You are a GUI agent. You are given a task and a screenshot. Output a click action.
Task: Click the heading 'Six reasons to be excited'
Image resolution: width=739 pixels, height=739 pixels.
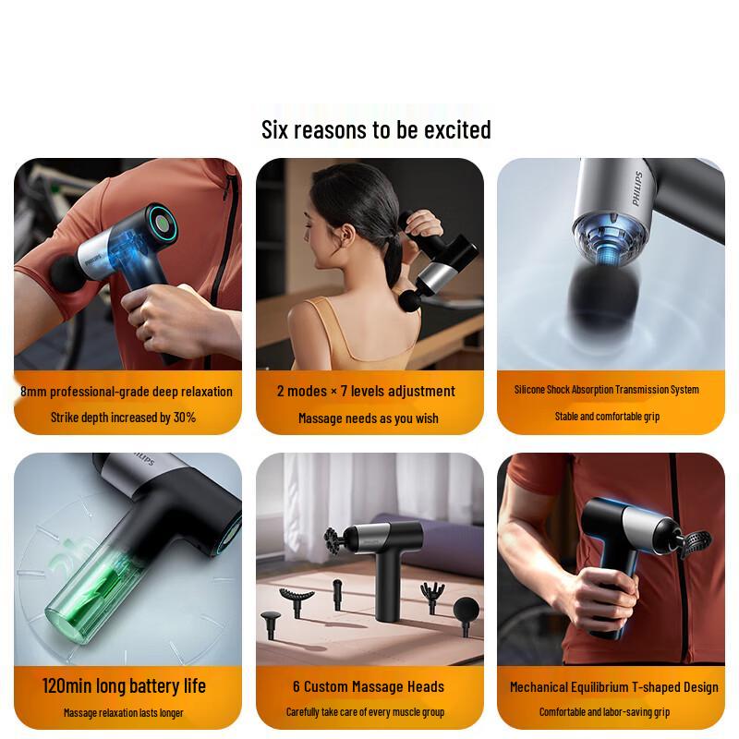376,129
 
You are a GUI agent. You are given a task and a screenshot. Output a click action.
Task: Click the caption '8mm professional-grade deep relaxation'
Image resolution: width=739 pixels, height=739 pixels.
127,391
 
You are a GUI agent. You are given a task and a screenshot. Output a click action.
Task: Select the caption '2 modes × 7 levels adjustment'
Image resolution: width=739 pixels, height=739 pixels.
366,391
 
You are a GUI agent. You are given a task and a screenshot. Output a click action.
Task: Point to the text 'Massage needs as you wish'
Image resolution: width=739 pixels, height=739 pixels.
368,418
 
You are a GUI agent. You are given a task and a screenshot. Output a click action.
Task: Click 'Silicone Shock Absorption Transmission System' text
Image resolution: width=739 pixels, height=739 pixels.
607,390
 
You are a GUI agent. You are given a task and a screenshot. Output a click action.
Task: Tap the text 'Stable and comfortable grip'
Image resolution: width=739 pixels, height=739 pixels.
607,417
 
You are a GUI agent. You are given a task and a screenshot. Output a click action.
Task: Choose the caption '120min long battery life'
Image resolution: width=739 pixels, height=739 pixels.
124,686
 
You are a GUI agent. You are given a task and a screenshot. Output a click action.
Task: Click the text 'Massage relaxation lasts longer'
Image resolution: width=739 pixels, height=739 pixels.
124,713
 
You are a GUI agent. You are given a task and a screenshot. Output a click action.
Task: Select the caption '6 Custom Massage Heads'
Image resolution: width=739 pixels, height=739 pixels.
369,686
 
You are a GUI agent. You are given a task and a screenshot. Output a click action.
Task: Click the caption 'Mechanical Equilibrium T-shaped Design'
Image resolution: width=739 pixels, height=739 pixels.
613,686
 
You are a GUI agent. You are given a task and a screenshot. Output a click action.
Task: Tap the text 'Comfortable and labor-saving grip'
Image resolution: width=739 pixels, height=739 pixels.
605,712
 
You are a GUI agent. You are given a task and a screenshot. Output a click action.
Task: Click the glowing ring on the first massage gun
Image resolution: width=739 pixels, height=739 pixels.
163,224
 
